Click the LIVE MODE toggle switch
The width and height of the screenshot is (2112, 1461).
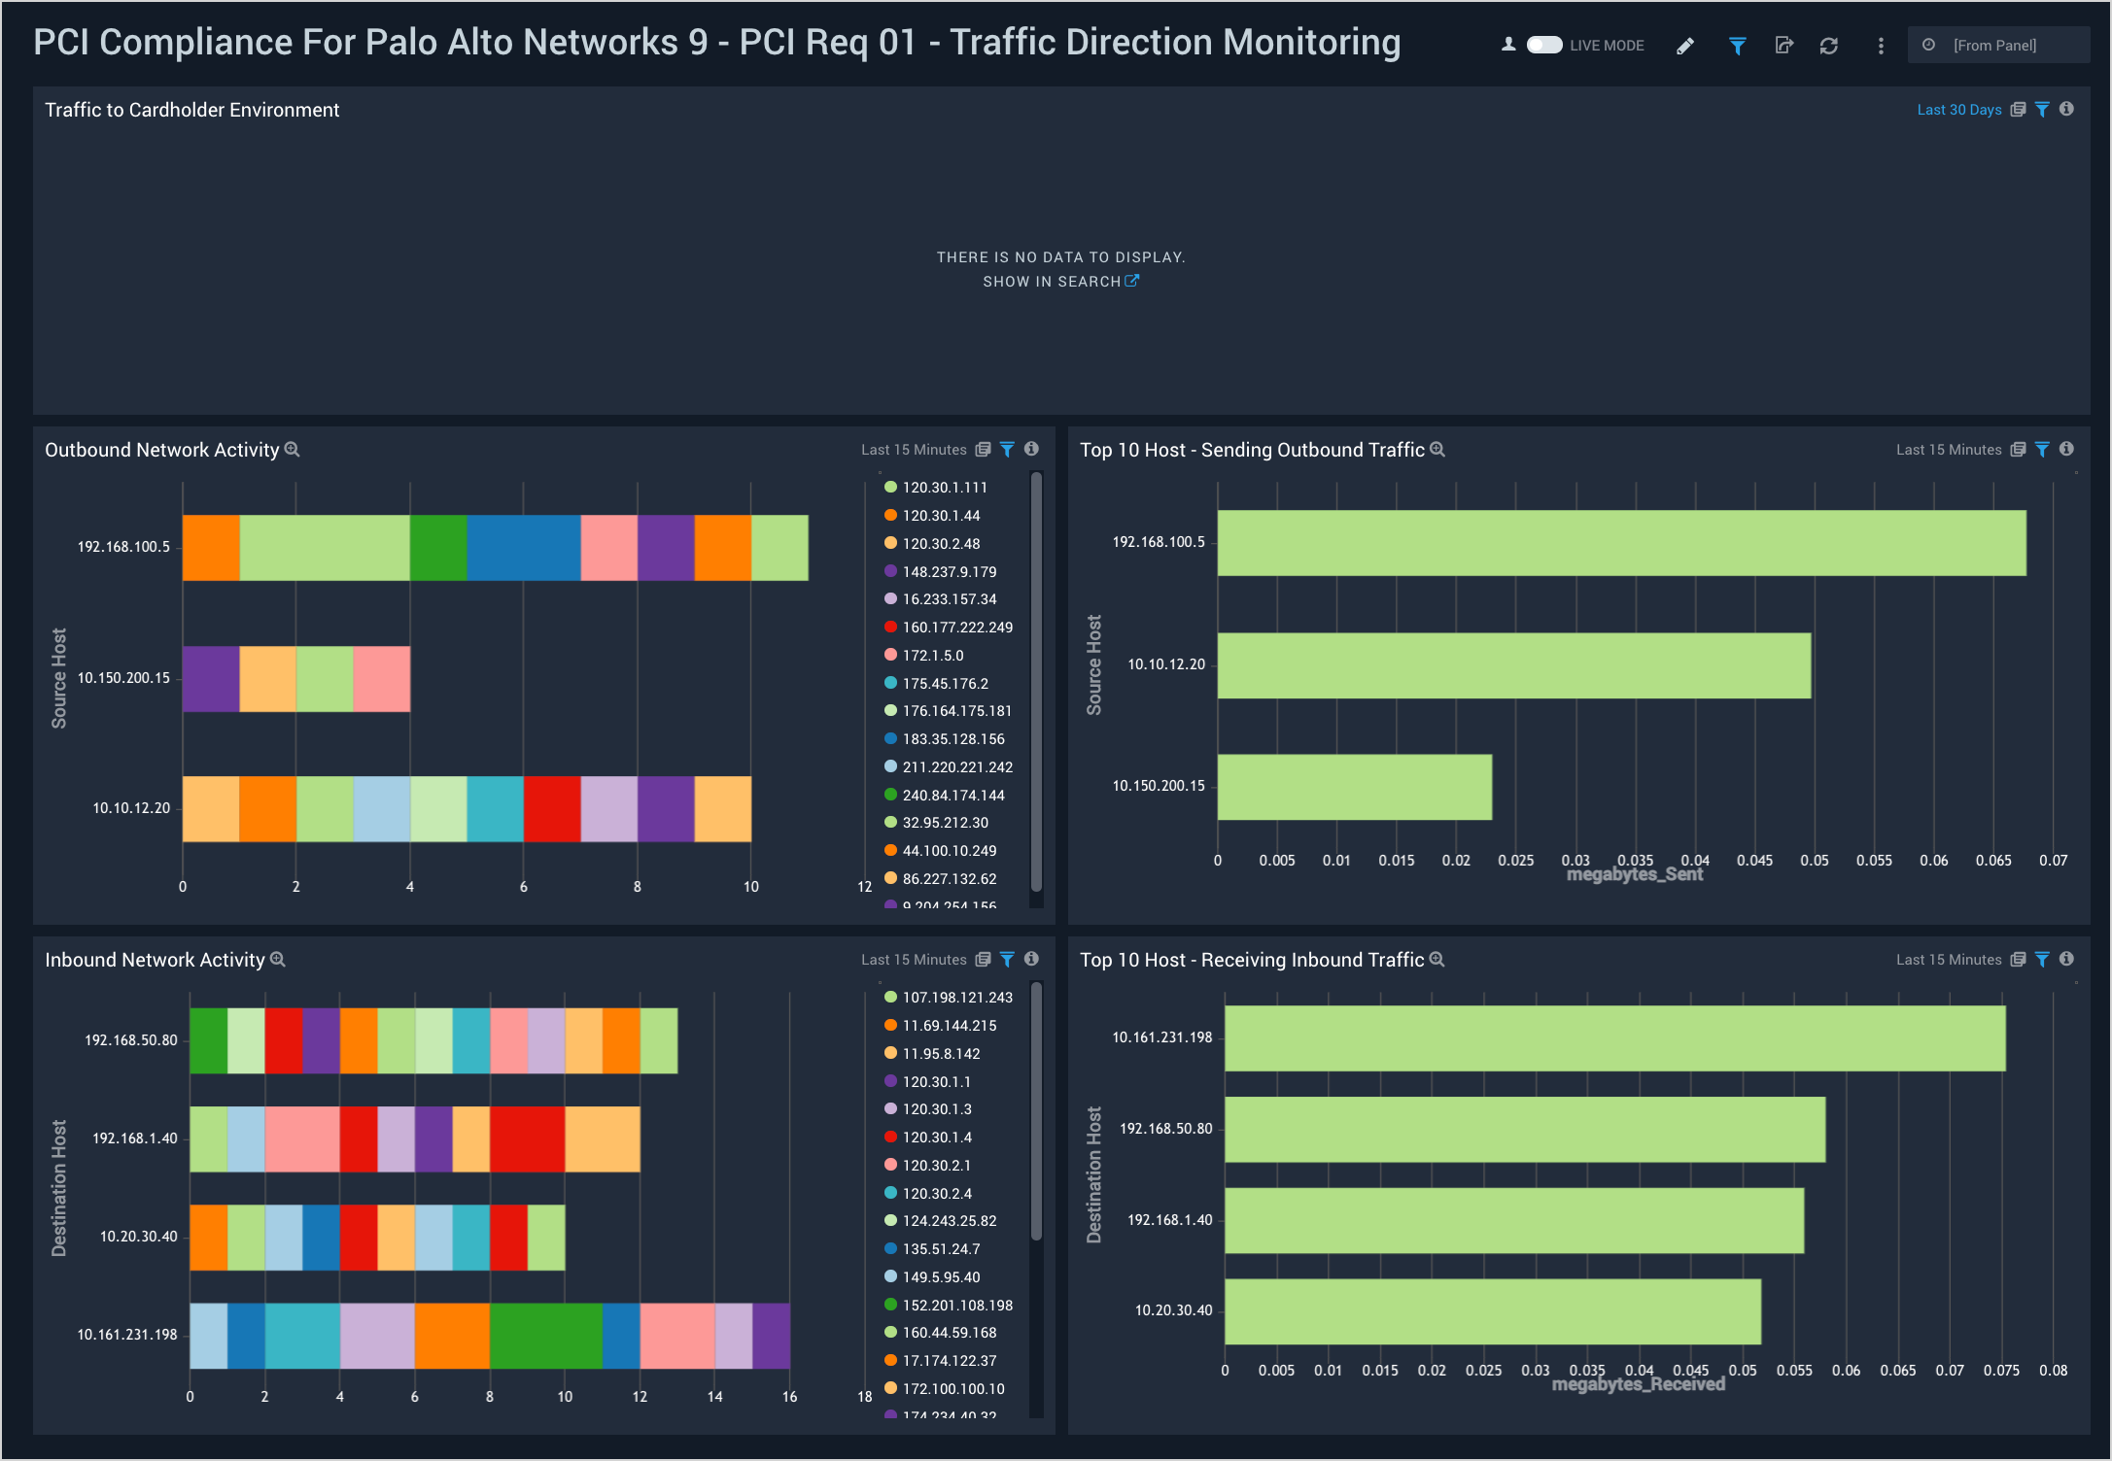point(1543,45)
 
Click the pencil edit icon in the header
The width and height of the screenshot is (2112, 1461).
point(1685,46)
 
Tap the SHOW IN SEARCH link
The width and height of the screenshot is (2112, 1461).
point(1059,282)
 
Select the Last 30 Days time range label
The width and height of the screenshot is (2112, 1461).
point(1958,110)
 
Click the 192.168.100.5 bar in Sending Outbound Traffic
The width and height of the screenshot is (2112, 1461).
point(1621,543)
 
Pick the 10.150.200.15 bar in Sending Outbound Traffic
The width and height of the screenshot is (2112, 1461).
point(1354,787)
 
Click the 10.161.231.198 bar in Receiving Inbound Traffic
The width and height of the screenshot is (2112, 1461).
point(1614,1038)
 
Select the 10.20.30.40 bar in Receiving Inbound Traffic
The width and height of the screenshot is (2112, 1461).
point(1492,1311)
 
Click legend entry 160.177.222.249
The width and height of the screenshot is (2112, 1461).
point(956,628)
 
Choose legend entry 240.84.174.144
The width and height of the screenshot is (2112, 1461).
point(952,796)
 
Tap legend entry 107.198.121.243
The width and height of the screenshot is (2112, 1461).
point(956,998)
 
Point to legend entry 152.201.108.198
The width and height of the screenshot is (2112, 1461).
point(956,1306)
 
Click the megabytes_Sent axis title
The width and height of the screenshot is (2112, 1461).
point(1635,875)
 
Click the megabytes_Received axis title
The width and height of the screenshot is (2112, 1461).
point(1638,1384)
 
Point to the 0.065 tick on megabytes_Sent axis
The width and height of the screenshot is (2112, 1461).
point(1993,861)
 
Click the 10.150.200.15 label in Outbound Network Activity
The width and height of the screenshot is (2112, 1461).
point(123,678)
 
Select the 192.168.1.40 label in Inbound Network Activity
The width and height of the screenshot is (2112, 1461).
point(135,1138)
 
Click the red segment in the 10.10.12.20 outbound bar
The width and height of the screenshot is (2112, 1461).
point(552,809)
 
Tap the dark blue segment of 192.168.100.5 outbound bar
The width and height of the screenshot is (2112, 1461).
point(524,548)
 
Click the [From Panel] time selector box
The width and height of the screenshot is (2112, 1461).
point(1997,46)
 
